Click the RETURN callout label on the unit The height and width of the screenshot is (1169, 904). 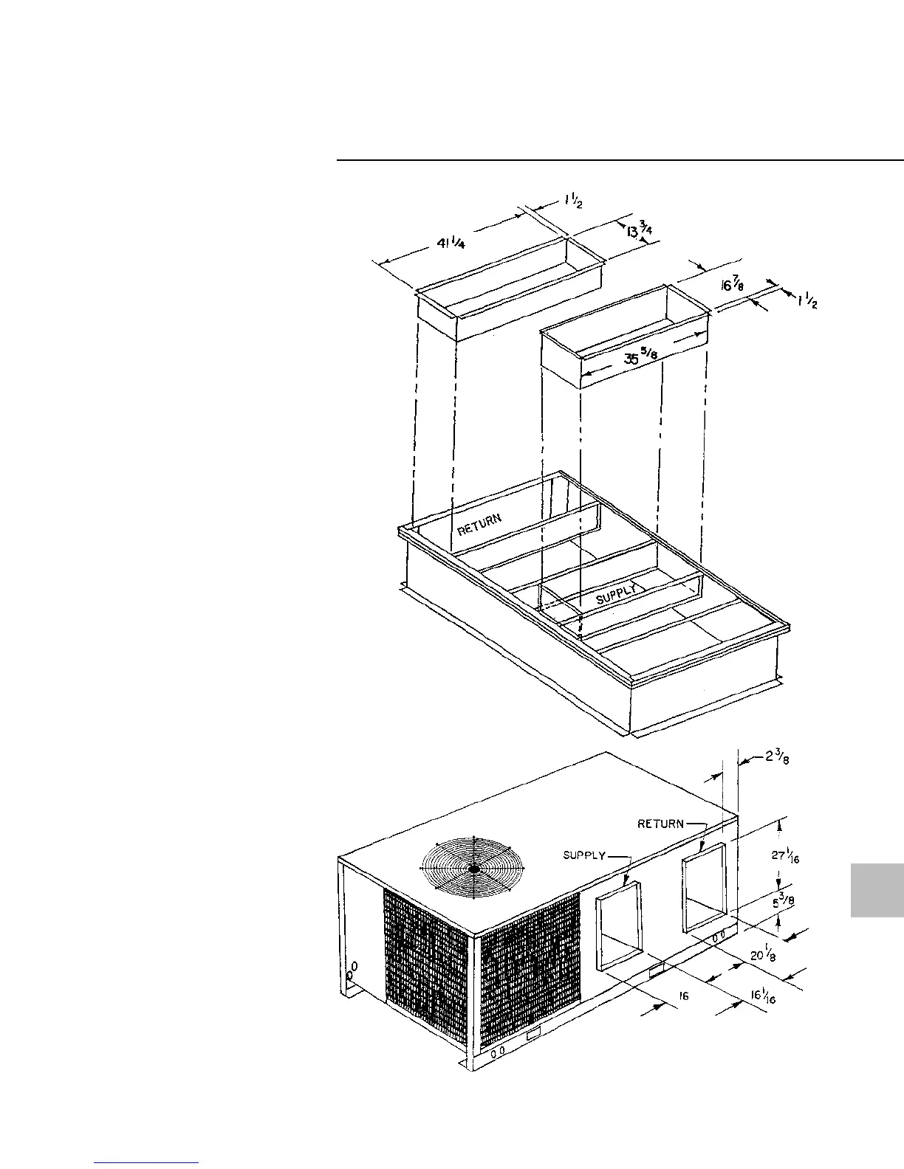pyautogui.click(x=661, y=824)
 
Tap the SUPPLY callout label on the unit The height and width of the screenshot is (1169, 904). pyautogui.click(x=584, y=856)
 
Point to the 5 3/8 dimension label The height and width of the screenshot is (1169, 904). pyautogui.click(x=780, y=903)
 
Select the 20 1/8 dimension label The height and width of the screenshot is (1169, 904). pyautogui.click(x=762, y=955)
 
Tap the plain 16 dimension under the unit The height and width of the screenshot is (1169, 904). pyautogui.click(x=683, y=996)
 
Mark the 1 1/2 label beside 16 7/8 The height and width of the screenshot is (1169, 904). pyautogui.click(x=807, y=301)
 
